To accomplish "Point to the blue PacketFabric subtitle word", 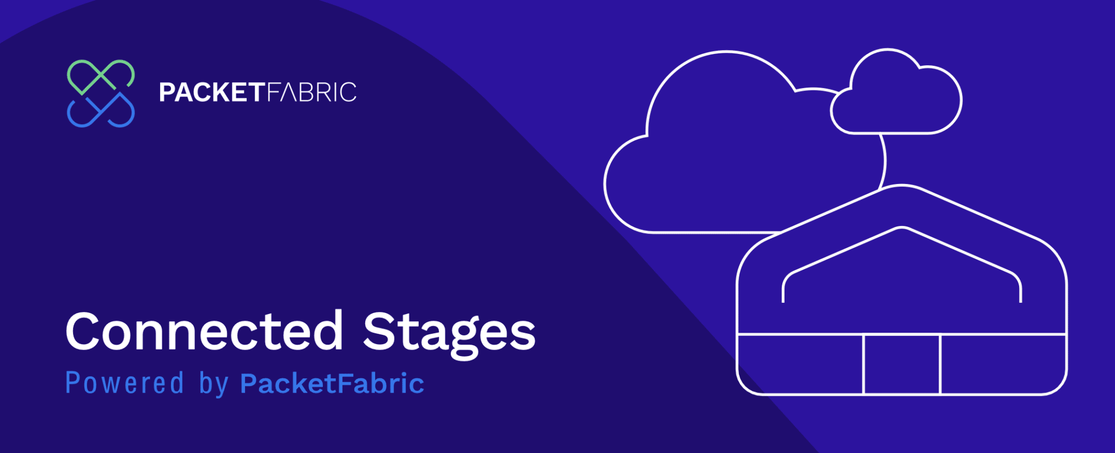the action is (x=332, y=383).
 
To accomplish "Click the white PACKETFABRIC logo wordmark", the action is (x=258, y=92).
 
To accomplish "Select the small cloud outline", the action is (x=896, y=133).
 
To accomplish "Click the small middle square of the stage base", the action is (x=902, y=364).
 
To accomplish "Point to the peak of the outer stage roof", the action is (x=902, y=185).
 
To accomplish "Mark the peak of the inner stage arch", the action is (x=902, y=227).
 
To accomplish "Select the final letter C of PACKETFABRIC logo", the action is (x=347, y=92).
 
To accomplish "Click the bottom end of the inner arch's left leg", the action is (x=783, y=302).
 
